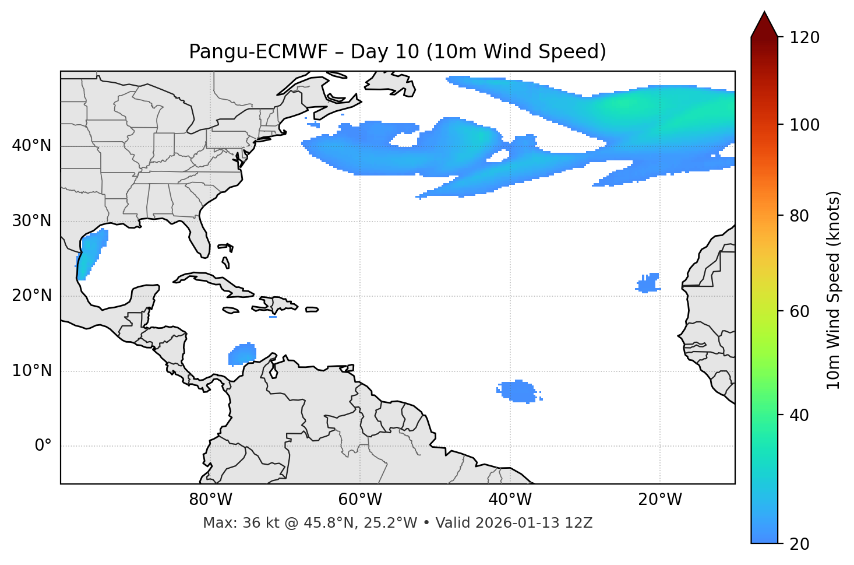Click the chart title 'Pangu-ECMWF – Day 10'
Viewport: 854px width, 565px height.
(397, 52)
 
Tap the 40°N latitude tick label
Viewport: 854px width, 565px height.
(31, 146)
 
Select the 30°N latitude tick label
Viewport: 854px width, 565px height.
(31, 221)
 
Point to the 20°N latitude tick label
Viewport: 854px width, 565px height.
(31, 296)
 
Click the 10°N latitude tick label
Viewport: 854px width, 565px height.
(31, 371)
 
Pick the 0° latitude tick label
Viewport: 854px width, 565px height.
(43, 446)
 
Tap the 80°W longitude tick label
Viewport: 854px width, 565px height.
(210, 500)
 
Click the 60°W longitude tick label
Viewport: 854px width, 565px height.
(360, 500)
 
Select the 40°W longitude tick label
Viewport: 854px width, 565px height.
(510, 500)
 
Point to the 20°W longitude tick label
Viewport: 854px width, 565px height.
(659, 500)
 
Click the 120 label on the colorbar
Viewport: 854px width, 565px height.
(805, 38)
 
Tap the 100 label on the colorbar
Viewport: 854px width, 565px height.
(805, 125)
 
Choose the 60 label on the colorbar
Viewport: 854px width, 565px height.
(802, 311)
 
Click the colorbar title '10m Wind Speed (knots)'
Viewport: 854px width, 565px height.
(834, 290)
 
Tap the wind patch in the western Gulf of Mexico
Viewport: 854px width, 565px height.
(91, 254)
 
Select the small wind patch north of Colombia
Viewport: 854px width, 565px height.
(242, 354)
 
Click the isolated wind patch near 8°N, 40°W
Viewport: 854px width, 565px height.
(518, 391)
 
